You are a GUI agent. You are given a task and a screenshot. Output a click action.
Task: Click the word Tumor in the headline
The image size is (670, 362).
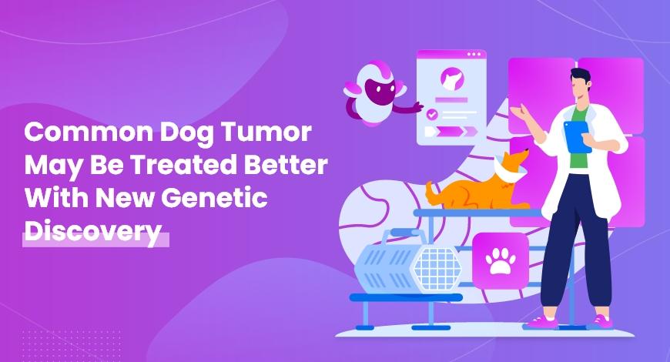266,132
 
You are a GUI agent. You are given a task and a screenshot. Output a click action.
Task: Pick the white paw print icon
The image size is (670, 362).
500,262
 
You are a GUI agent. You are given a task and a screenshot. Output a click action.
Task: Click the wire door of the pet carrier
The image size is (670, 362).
437,265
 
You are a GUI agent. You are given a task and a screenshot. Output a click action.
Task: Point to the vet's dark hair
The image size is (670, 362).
580,75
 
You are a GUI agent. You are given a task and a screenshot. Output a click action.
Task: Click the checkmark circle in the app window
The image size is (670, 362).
432,113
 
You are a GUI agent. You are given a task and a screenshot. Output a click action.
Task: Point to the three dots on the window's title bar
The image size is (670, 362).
474,55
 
